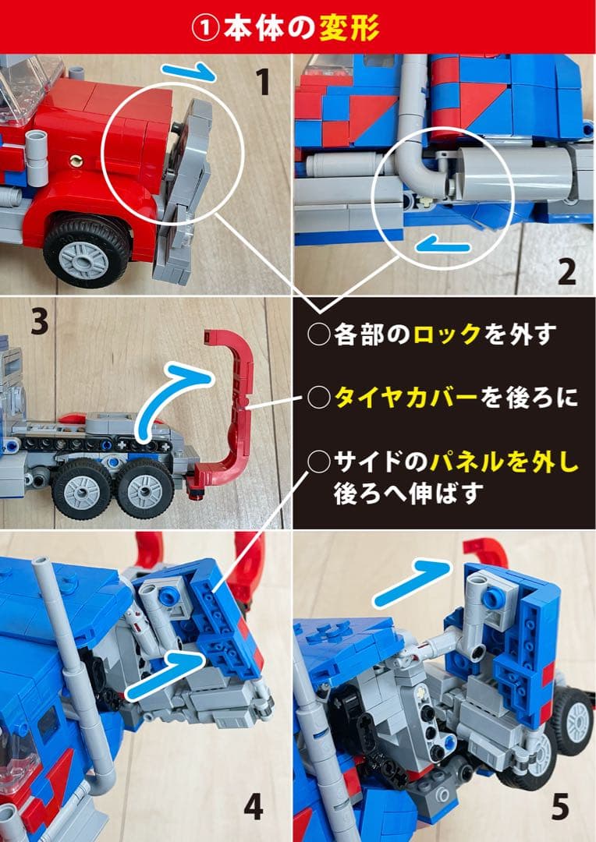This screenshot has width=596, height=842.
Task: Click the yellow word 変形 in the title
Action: point(349,28)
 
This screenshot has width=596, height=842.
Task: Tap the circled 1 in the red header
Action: point(205,29)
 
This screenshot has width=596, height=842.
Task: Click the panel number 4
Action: point(253,808)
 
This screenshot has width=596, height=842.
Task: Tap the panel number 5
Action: point(560,808)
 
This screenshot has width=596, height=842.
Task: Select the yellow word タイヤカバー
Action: point(406,398)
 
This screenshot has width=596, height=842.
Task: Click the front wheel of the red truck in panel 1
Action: point(87,251)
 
